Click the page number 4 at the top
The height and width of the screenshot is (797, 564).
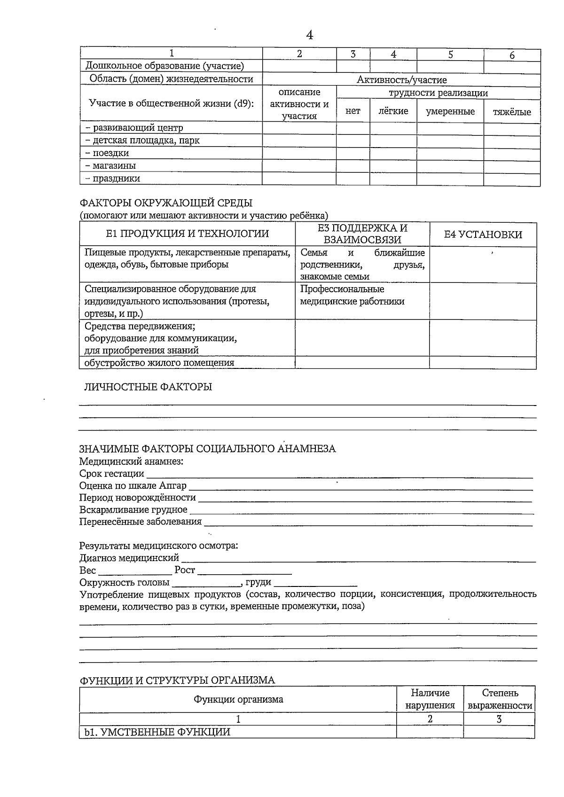tap(309, 35)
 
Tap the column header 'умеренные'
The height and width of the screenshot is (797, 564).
tap(450, 111)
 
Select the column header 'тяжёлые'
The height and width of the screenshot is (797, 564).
tap(512, 112)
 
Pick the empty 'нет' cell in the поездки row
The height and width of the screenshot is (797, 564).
tap(352, 153)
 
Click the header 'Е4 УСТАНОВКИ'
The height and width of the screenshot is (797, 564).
tap(483, 234)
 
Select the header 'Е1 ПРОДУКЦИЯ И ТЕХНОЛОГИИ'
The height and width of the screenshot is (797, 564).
tap(187, 234)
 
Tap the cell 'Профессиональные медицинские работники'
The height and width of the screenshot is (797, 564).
tap(352, 295)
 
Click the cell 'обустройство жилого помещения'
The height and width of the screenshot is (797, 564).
tap(159, 362)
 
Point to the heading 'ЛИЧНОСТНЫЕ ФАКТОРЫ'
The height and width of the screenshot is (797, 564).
tap(148, 387)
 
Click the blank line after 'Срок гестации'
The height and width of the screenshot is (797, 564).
tap(338, 476)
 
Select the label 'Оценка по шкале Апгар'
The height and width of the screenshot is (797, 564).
tap(133, 485)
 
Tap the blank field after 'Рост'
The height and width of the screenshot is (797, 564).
tap(244, 571)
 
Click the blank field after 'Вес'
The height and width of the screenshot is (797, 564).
tap(135, 571)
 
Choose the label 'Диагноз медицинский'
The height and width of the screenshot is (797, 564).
tap(129, 558)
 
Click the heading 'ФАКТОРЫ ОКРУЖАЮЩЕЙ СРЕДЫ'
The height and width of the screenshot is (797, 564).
tap(166, 203)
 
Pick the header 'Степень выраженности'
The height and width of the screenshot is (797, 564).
tap(500, 699)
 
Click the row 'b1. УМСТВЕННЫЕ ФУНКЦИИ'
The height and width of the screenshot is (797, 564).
tap(157, 732)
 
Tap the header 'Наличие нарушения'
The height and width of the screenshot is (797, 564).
tap(430, 699)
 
